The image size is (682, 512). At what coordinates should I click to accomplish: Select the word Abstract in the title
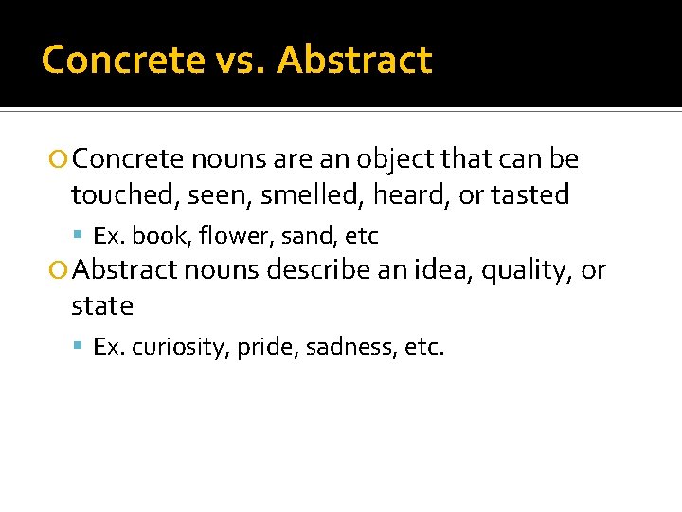coord(355,60)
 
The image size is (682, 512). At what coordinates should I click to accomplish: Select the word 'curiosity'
coord(181,348)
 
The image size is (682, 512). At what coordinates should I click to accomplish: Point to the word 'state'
coord(102,306)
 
